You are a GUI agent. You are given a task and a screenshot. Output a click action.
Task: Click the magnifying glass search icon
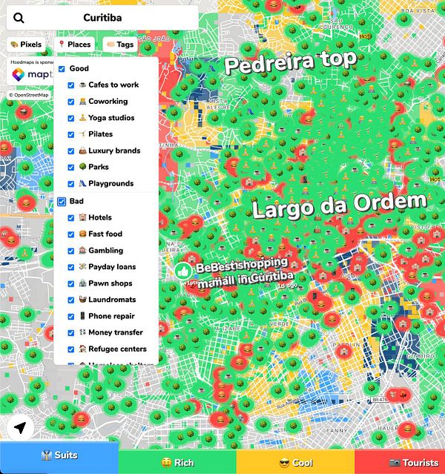pos(19,18)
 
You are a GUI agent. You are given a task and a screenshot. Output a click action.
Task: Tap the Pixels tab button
pos(26,45)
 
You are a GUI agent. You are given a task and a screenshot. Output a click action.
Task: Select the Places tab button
pos(74,45)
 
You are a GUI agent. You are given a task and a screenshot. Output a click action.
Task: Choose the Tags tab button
pos(120,45)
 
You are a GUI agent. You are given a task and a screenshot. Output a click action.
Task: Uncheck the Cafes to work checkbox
pos(71,85)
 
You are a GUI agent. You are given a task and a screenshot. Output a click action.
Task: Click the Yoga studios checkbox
pos(71,118)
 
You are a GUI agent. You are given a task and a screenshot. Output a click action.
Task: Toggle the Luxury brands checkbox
pos(71,151)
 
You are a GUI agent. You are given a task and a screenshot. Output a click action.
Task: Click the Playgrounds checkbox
pos(71,183)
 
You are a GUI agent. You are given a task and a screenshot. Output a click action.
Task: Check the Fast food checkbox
pos(71,234)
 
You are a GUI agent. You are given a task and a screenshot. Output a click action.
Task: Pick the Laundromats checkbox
pos(71,300)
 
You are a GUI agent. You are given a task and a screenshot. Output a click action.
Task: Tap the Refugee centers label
pos(117,349)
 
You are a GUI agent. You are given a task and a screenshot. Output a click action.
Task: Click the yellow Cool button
pos(295,462)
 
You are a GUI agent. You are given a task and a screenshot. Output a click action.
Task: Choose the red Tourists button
pos(400,462)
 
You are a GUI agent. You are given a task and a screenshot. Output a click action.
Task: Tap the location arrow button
pos(20,428)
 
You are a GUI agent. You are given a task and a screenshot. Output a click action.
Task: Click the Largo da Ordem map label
pos(340,205)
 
